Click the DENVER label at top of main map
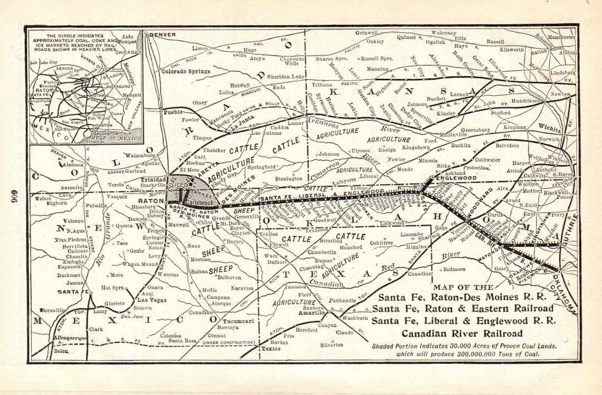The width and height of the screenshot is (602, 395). pyautogui.click(x=162, y=35)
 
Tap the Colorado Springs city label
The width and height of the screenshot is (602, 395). pyautogui.click(x=185, y=71)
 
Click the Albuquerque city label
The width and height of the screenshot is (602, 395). pyautogui.click(x=69, y=337)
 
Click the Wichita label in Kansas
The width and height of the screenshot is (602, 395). pyautogui.click(x=549, y=127)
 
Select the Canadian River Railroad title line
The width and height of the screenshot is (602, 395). pyautogui.click(x=462, y=333)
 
